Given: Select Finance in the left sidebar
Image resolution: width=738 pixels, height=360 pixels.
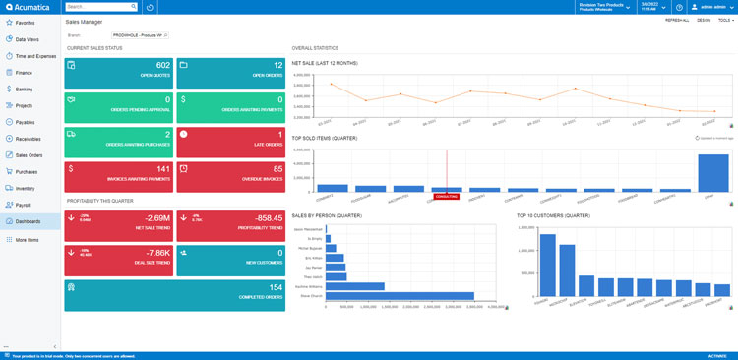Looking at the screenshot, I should point(25,72).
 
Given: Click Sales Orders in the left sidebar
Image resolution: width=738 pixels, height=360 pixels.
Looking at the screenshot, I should point(29,154).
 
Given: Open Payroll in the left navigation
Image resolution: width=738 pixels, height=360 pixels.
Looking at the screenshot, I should point(24,205).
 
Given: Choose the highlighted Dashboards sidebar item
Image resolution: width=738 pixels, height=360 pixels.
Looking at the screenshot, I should point(29,221).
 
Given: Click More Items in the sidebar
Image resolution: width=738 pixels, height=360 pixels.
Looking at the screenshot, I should point(28,239).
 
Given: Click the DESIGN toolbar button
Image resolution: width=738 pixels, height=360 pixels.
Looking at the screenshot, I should point(704,20).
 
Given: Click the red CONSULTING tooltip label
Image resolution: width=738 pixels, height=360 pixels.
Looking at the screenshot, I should point(446,196).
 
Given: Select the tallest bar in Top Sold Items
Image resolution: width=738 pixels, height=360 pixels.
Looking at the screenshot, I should point(712,173).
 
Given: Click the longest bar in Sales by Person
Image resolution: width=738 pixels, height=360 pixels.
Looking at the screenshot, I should point(400,295).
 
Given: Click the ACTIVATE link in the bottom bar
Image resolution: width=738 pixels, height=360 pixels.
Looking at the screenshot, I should point(716,355).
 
